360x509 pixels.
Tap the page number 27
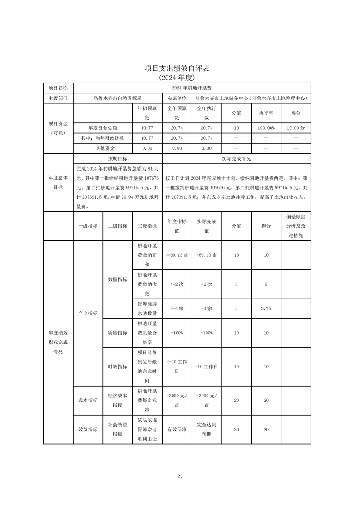point(180,476)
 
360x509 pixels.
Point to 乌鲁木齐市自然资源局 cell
point(118,98)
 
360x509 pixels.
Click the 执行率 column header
point(266,113)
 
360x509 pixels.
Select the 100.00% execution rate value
point(266,128)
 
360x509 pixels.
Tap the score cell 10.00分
point(296,128)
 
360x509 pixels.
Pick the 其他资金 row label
point(104,148)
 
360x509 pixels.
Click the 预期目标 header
point(117,159)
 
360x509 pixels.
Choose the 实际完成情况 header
point(236,159)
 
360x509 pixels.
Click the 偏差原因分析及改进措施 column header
point(296,226)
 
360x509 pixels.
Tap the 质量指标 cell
point(117,333)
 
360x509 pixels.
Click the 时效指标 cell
point(117,367)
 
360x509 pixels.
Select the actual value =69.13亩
point(207,255)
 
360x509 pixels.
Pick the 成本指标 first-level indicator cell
point(88,400)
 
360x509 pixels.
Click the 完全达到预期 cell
point(207,429)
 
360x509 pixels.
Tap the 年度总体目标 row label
point(58,182)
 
